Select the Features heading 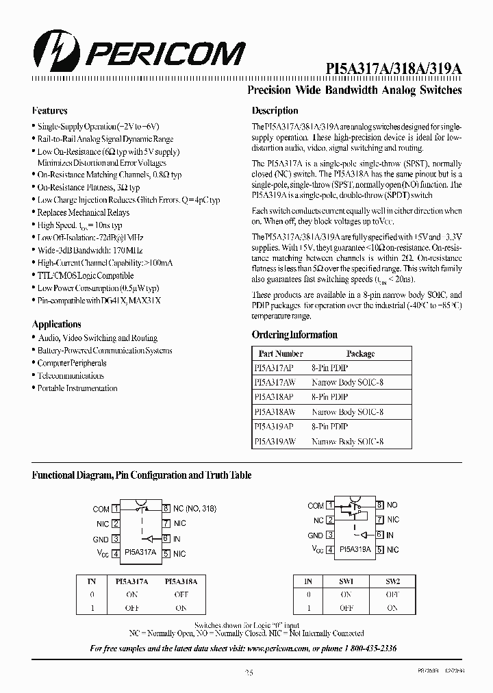[x=49, y=110]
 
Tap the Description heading [x=275, y=110]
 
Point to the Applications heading [x=56, y=324]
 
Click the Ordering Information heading [x=294, y=335]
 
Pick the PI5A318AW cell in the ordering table [x=275, y=412]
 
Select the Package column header [x=360, y=354]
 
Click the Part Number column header [x=281, y=354]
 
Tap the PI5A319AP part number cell [x=274, y=427]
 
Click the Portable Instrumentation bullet [x=77, y=388]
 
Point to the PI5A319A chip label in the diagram [x=355, y=549]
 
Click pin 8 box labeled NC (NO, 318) [x=166, y=508]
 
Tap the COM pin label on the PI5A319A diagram [x=316, y=505]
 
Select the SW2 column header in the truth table [x=392, y=581]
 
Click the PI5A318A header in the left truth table [x=181, y=581]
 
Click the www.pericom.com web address [x=277, y=648]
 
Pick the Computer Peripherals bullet [x=71, y=363]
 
